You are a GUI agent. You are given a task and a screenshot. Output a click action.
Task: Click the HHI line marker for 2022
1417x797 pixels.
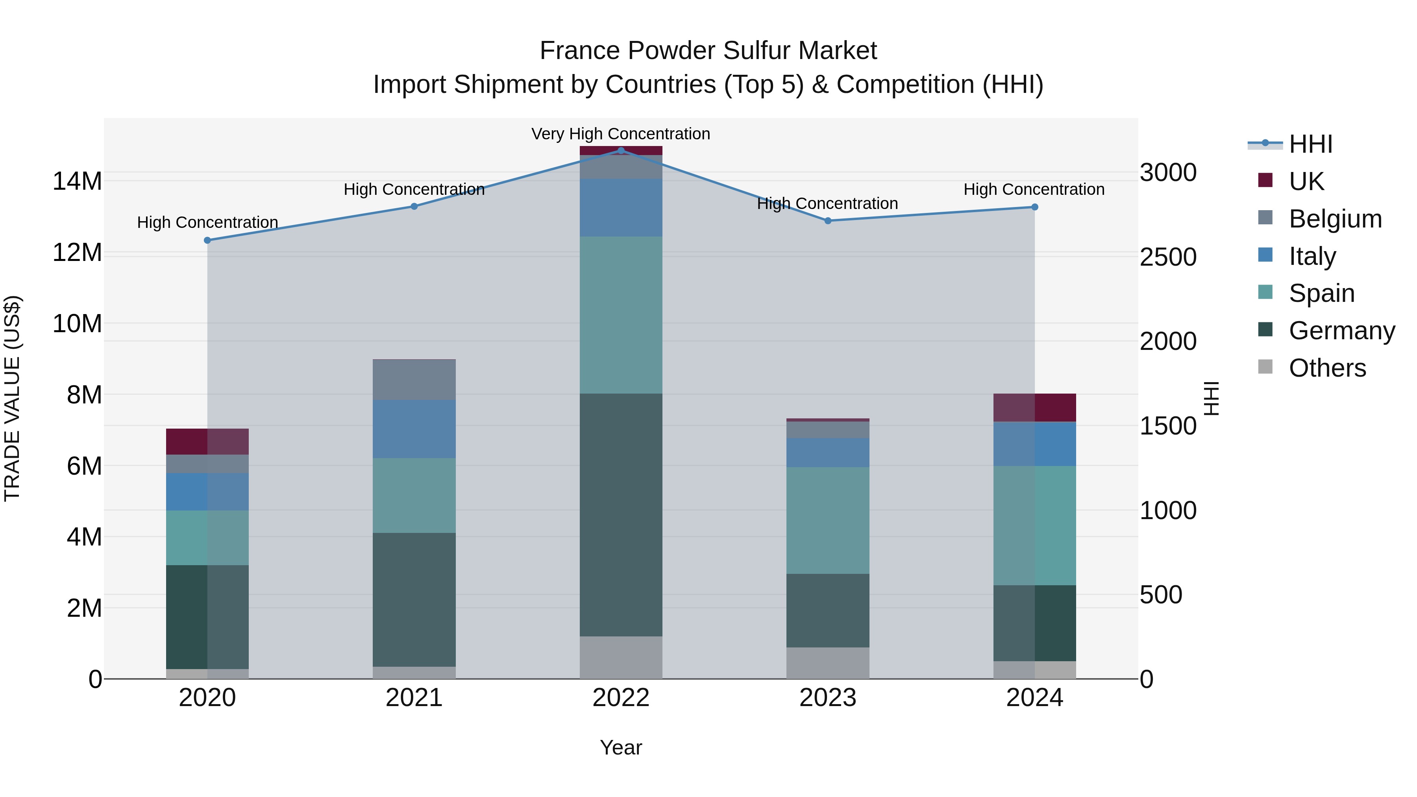point(621,150)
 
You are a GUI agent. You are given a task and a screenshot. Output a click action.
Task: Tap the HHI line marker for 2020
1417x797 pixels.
point(207,240)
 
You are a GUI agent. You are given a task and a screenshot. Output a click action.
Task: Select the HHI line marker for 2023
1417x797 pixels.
point(828,220)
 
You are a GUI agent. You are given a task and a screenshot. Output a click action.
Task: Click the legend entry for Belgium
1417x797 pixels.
point(1335,218)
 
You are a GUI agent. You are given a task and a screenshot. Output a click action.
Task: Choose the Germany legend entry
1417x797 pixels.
point(1342,331)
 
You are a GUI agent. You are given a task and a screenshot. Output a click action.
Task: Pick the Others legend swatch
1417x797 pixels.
point(1265,367)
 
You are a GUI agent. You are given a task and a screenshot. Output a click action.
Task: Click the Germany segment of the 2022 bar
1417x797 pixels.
point(621,514)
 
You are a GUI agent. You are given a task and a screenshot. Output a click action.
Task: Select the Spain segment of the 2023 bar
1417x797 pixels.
point(828,520)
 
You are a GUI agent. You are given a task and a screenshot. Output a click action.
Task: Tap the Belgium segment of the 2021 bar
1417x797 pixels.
point(414,379)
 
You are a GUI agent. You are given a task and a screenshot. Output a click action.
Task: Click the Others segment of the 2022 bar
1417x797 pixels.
point(621,657)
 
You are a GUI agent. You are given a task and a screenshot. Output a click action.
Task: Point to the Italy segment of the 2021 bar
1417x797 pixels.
point(414,429)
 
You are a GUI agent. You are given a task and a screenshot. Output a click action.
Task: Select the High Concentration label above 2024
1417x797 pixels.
point(1034,189)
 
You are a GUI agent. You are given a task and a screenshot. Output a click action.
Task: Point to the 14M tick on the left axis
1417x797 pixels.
point(77,181)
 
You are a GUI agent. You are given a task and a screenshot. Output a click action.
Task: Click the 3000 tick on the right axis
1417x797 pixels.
point(1168,173)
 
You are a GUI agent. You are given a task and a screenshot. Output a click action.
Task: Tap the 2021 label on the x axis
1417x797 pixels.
point(414,698)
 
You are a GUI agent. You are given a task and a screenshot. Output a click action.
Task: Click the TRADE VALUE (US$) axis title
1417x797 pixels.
point(12,398)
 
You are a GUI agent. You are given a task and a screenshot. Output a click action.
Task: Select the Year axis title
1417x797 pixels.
point(621,747)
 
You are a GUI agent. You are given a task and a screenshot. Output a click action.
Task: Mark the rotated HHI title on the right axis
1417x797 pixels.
point(1212,398)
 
